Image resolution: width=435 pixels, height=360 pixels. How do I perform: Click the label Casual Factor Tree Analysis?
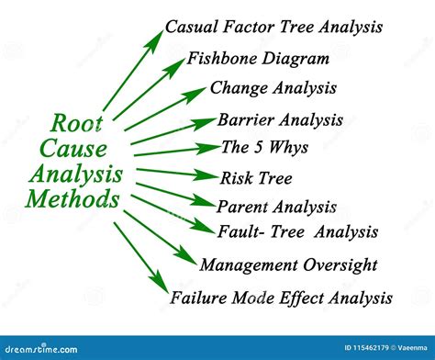[273, 27]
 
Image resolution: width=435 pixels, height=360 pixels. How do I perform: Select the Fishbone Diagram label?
[258, 59]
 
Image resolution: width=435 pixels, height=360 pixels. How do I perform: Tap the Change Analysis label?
[273, 89]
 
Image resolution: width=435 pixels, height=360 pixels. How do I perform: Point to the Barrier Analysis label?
[280, 119]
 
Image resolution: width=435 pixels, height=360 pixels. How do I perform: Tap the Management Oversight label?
[288, 265]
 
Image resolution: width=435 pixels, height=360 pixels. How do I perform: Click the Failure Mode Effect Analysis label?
[281, 298]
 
